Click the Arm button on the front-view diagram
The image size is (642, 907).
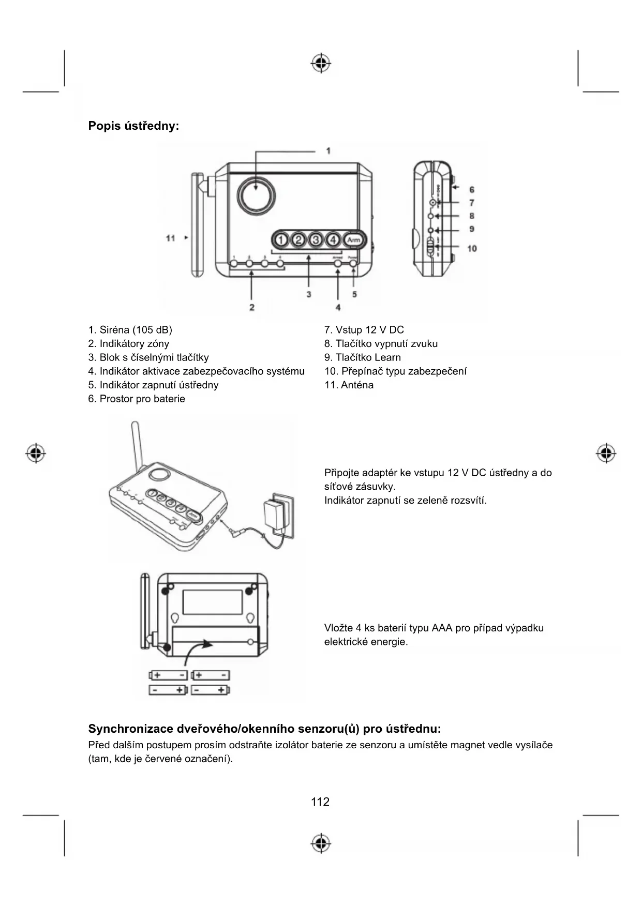pyautogui.click(x=354, y=240)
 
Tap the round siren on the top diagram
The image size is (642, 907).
pyautogui.click(x=257, y=196)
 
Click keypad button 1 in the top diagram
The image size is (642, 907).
pyautogui.click(x=280, y=240)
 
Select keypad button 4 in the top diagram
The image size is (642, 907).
pyautogui.click(x=334, y=240)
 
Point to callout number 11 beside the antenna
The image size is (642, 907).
pyautogui.click(x=171, y=238)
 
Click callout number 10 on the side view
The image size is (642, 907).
pyautogui.click(x=472, y=249)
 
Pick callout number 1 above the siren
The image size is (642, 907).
pyautogui.click(x=329, y=151)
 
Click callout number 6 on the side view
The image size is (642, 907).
pyautogui.click(x=472, y=190)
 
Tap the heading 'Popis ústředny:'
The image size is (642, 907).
pyautogui.click(x=133, y=126)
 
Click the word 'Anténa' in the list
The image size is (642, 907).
pyautogui.click(x=357, y=385)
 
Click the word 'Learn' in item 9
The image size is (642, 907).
pyautogui.click(x=387, y=357)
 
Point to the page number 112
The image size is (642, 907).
pyautogui.click(x=320, y=802)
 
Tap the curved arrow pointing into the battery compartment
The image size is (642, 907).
pyautogui.click(x=197, y=651)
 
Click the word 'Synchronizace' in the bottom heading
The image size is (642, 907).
pyautogui.click(x=131, y=729)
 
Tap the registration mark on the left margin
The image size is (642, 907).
pyautogui.click(x=36, y=453)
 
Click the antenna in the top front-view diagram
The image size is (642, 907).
pyautogui.click(x=197, y=225)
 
